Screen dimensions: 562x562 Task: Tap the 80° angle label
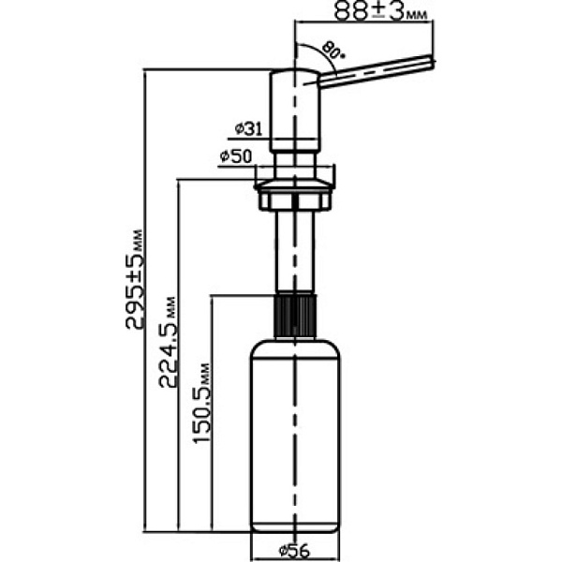tap(333, 49)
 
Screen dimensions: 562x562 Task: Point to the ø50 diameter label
tap(235, 157)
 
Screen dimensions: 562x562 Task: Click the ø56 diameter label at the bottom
tap(296, 550)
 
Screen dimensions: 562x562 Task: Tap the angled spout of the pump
tap(375, 73)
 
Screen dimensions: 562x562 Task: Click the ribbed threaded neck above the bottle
tap(296, 318)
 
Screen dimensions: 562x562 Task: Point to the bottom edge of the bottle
tap(296, 531)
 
